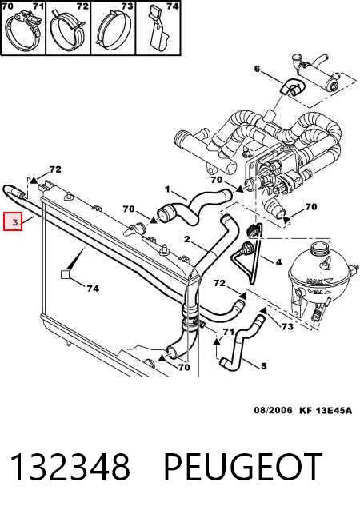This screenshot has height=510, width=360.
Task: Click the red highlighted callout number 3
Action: point(13,221)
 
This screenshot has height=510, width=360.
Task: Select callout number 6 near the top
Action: point(257,69)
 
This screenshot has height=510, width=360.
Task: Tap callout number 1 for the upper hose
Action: point(167,189)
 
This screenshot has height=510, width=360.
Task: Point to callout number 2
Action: point(187,240)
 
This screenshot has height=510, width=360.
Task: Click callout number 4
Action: point(278,262)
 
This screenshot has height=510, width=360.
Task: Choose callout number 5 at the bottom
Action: point(264,366)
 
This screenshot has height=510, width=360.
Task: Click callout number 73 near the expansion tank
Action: point(287,327)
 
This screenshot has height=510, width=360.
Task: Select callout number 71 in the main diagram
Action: point(228,332)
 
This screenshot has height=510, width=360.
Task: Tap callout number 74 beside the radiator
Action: point(93,289)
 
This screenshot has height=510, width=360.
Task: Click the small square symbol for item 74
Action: point(66,274)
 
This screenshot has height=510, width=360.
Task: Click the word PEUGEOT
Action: point(242,467)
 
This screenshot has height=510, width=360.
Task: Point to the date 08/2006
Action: point(274,410)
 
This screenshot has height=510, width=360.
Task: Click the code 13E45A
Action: point(334,410)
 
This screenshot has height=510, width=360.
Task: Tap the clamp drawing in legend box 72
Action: point(68,30)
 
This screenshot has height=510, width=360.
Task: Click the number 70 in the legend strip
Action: point(7,6)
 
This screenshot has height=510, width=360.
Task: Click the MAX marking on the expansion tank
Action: point(314,281)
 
